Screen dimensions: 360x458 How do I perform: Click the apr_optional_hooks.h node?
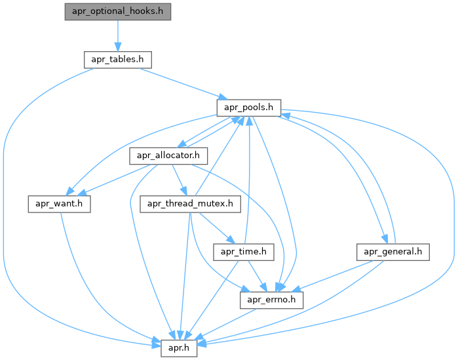tap(118, 12)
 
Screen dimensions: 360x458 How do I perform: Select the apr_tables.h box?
tap(118, 59)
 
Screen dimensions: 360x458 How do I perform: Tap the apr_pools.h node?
tap(249, 106)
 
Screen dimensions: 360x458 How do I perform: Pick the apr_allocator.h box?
tap(169, 156)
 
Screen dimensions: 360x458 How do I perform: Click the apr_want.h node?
tap(58, 203)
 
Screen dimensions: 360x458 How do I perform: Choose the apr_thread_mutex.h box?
tap(191, 203)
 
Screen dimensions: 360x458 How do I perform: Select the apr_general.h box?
tap(393, 251)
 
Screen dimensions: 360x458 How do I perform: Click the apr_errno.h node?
tap(272, 300)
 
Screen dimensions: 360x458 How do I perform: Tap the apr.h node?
tap(179, 348)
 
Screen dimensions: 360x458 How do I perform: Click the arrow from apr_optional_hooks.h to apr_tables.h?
tap(117, 35)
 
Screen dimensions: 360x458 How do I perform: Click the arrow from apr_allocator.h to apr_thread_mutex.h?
tap(179, 180)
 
